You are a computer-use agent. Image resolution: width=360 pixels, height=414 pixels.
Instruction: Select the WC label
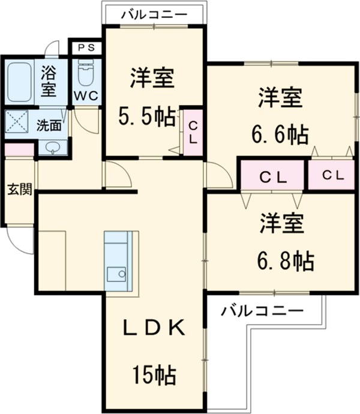(86, 95)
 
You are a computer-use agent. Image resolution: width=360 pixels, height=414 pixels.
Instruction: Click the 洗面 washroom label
(49, 125)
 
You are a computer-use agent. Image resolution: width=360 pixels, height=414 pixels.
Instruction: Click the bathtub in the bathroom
(20, 82)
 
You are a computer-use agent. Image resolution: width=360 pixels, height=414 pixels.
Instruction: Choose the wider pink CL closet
(273, 176)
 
